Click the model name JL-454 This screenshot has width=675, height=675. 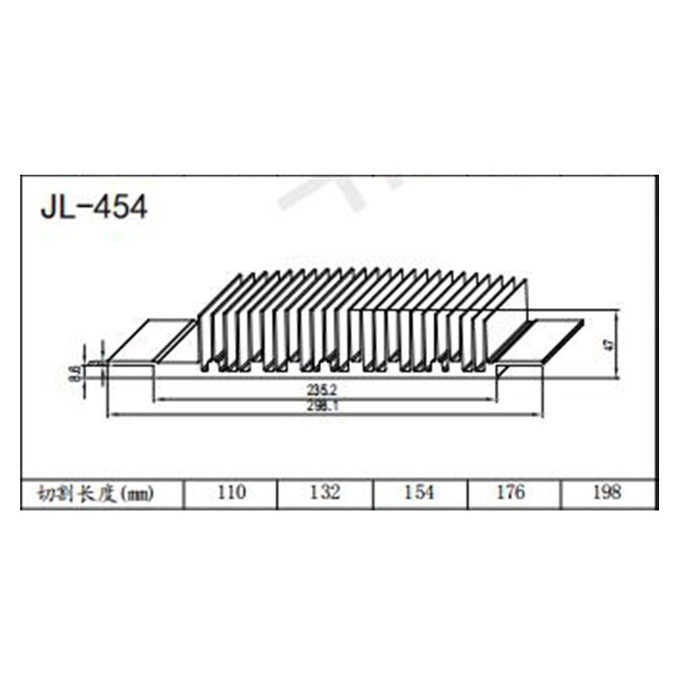pyautogui.click(x=94, y=207)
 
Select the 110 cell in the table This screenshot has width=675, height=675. pyautogui.click(x=229, y=492)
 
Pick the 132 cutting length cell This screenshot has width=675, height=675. pyautogui.click(x=324, y=492)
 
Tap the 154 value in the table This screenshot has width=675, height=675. pyautogui.click(x=418, y=492)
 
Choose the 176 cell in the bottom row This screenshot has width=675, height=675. pyautogui.click(x=513, y=492)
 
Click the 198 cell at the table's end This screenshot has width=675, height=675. pyautogui.click(x=607, y=492)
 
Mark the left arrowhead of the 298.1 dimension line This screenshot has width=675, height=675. pyautogui.click(x=110, y=414)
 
